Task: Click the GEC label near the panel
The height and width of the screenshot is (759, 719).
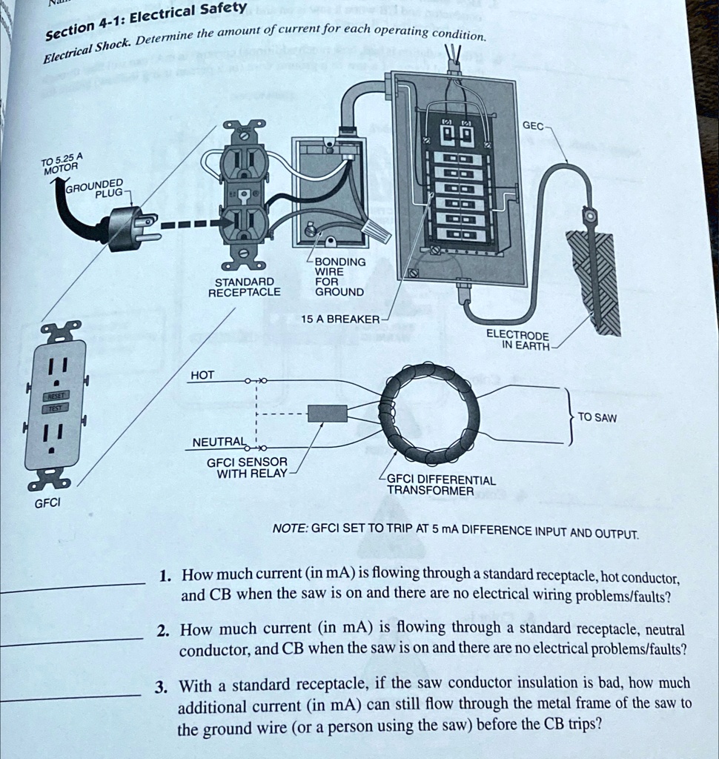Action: click(x=533, y=125)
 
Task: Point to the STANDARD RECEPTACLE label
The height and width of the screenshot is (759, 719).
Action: click(x=245, y=287)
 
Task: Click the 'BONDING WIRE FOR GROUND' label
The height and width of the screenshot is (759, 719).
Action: click(x=340, y=276)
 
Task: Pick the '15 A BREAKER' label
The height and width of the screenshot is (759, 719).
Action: click(x=340, y=319)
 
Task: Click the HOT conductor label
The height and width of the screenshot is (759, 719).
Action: click(x=202, y=375)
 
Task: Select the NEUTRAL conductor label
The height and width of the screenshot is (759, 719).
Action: click(x=218, y=443)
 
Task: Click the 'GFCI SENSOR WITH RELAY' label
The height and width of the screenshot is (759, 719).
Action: click(x=247, y=467)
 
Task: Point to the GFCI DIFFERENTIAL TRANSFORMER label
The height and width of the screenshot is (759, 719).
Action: click(x=441, y=485)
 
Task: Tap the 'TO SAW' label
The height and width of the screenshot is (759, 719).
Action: click(x=597, y=417)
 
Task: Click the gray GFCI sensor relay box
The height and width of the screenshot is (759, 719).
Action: click(x=327, y=413)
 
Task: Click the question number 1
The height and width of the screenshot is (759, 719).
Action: click(x=165, y=575)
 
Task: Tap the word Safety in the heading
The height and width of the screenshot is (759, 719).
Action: click(x=225, y=9)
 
